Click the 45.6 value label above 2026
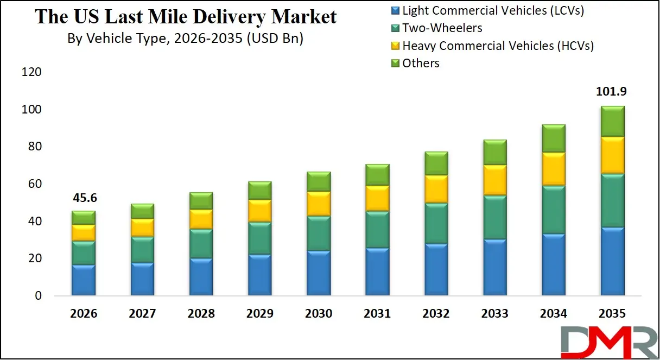coord(84,198)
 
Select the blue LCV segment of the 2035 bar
coord(612,261)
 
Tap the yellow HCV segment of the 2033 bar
coord(494,180)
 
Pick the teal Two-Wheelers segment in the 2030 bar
coord(319,233)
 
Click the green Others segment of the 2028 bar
coord(201,200)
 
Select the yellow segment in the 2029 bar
coord(260,210)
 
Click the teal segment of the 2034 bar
coord(553,210)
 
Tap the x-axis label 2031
coord(377,314)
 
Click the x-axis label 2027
coord(142,314)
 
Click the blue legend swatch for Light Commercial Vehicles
coord(395,10)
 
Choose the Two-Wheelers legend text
coord(442,28)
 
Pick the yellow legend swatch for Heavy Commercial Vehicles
coord(395,46)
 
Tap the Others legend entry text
coord(421,64)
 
